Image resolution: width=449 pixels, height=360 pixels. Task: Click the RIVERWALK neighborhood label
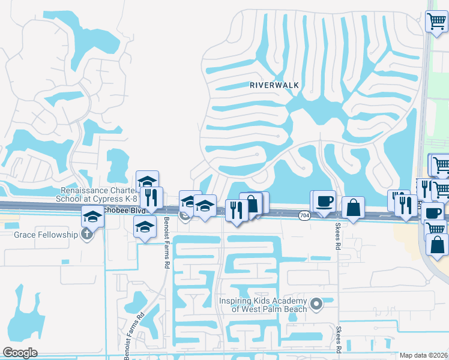274,85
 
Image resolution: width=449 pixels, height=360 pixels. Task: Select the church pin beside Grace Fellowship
88,234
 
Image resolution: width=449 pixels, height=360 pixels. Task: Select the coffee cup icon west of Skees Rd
325,202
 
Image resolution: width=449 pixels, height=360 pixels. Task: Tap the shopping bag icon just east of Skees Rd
354,208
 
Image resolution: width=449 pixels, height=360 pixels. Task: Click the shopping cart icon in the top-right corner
436,22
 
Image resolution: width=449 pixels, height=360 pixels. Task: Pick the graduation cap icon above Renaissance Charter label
147,181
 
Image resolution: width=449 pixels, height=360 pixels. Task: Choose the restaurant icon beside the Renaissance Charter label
152,197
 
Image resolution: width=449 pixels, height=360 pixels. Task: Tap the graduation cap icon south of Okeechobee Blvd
144,226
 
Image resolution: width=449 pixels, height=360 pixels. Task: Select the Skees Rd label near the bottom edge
340,340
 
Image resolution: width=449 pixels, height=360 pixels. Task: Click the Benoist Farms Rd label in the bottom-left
134,338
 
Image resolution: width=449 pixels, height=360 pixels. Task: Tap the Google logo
20,353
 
